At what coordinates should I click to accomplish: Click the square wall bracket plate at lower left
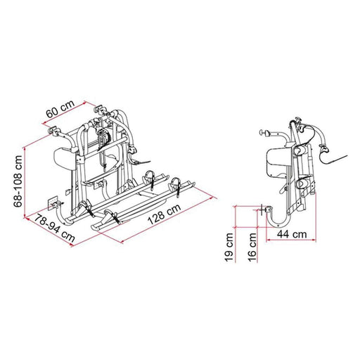tap(50, 202)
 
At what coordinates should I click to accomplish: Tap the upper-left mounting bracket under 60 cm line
tap(53, 130)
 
